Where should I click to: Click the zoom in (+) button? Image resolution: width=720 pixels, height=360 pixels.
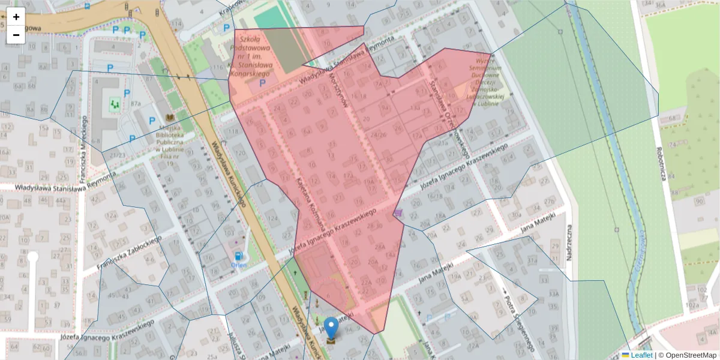[16, 17]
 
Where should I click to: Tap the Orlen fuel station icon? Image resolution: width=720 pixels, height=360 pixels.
[239, 256]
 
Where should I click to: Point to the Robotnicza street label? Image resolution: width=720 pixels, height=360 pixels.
[662, 164]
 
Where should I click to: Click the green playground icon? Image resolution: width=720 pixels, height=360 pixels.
[115, 104]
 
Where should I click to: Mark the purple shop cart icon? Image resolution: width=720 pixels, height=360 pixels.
[398, 212]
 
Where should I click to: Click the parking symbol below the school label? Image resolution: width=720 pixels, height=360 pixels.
[262, 83]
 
